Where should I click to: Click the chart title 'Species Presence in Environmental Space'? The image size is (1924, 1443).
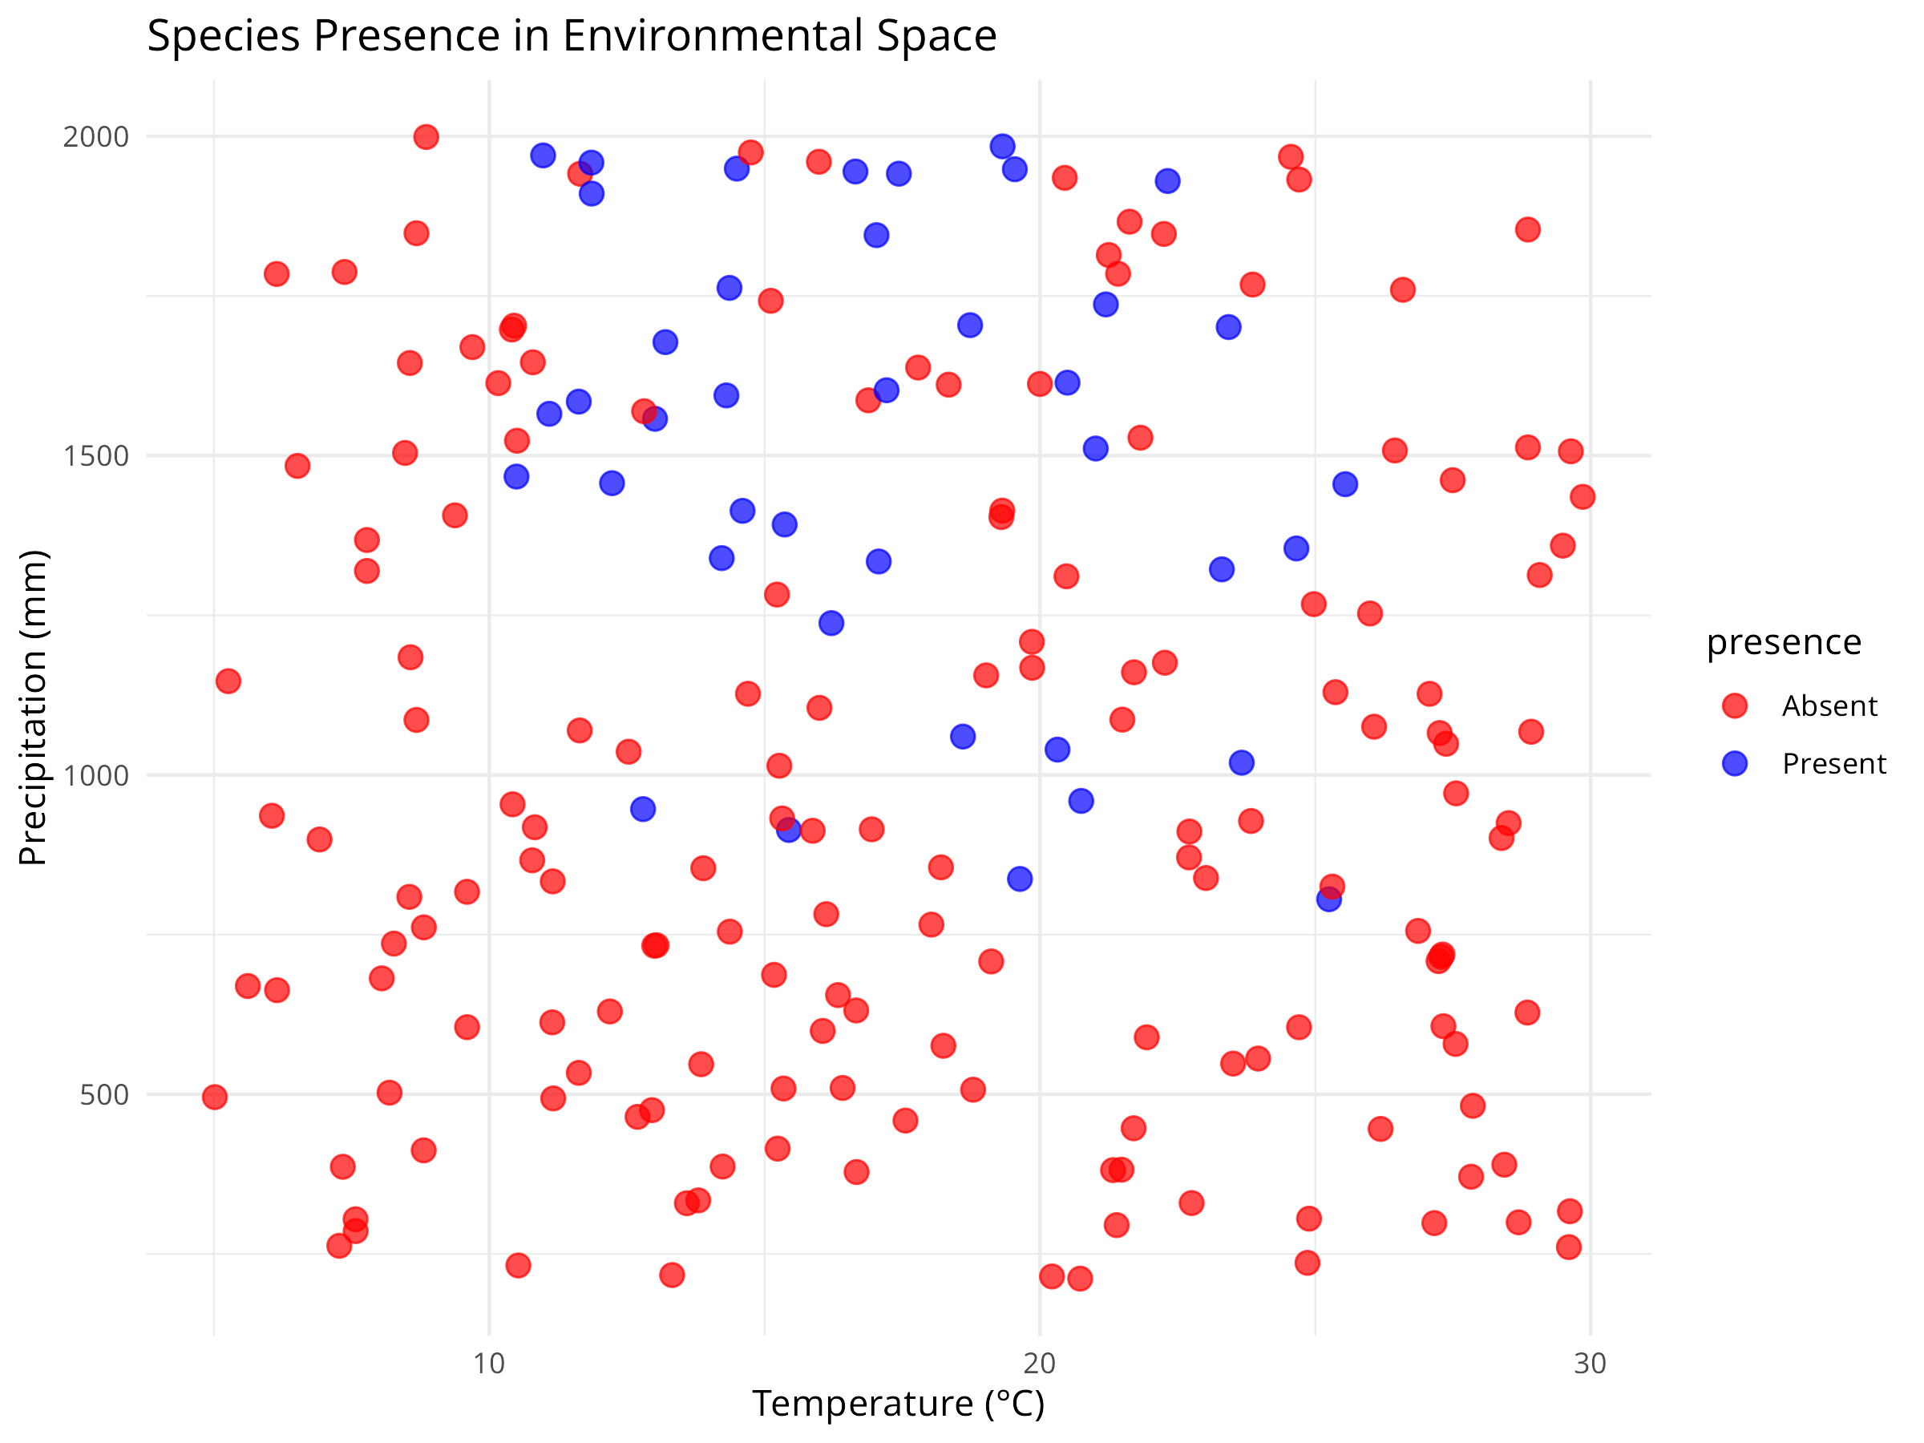pyautogui.click(x=572, y=37)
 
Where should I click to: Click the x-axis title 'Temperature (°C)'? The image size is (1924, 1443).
pyautogui.click(x=898, y=1403)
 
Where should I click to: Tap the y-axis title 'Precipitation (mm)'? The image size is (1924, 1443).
pyautogui.click(x=33, y=707)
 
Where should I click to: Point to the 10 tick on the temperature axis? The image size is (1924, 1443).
pyautogui.click(x=489, y=1363)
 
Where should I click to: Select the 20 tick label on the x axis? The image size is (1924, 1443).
pyautogui.click(x=1040, y=1363)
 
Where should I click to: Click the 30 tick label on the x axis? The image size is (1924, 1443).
pyautogui.click(x=1589, y=1363)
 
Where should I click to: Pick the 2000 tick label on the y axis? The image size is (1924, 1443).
pyautogui.click(x=95, y=136)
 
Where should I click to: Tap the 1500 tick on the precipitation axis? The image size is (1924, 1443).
pyautogui.click(x=95, y=456)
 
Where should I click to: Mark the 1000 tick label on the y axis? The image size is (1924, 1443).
pyautogui.click(x=95, y=775)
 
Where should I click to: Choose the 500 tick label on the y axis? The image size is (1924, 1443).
pyautogui.click(x=104, y=1094)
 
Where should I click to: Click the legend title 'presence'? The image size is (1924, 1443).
pyautogui.click(x=1783, y=642)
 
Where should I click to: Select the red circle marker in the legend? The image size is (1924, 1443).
pyautogui.click(x=1734, y=705)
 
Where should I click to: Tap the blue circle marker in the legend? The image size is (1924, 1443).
pyautogui.click(x=1734, y=763)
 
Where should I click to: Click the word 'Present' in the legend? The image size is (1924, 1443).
pyautogui.click(x=1833, y=763)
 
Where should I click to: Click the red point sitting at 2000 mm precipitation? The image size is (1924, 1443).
pyautogui.click(x=426, y=136)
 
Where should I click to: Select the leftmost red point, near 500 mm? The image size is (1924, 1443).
pyautogui.click(x=215, y=1097)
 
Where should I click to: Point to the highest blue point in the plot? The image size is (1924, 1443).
pyautogui.click(x=1002, y=146)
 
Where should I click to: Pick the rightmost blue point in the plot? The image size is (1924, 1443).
pyautogui.click(x=1344, y=483)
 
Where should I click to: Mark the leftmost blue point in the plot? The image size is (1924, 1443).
pyautogui.click(x=516, y=477)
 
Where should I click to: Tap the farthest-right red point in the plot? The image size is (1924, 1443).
pyautogui.click(x=1582, y=497)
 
